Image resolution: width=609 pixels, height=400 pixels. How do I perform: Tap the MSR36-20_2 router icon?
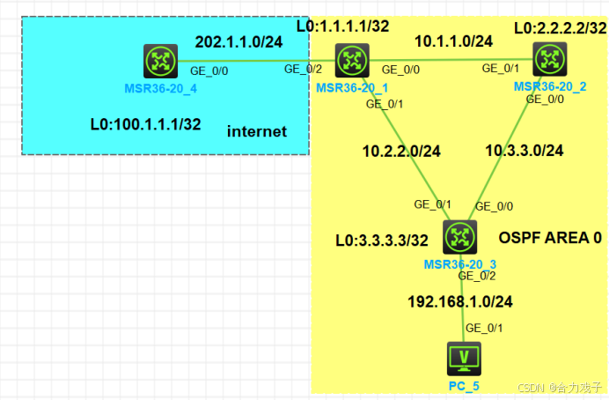click(550, 59)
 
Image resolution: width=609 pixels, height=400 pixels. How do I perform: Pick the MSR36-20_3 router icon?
click(459, 236)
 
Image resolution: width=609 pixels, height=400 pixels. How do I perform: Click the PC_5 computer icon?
click(464, 357)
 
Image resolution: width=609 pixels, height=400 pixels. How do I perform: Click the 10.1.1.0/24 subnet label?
click(454, 41)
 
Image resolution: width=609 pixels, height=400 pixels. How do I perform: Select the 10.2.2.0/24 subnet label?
click(401, 151)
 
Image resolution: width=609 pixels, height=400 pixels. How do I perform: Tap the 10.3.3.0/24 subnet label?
click(525, 151)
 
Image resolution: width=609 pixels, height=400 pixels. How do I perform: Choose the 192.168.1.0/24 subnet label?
click(460, 301)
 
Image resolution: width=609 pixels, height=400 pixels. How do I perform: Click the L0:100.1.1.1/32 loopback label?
click(145, 124)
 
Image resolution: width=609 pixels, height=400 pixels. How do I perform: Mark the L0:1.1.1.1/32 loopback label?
click(343, 26)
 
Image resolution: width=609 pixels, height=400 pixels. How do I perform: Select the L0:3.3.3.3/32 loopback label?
click(382, 239)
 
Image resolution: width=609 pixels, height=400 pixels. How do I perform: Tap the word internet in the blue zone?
click(257, 131)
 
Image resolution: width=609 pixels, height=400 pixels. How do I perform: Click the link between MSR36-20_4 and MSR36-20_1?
click(255, 61)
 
